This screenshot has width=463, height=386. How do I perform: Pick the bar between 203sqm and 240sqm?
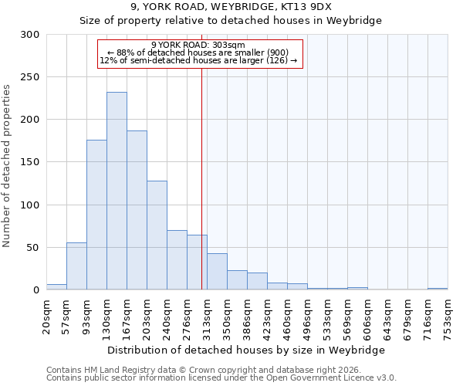[x=157, y=235]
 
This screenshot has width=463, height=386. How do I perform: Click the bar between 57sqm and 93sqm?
[x=76, y=266]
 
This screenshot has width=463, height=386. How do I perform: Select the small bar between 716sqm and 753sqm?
[x=438, y=289]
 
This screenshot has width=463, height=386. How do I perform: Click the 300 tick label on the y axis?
[x=30, y=35]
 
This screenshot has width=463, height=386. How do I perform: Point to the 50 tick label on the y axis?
[x=33, y=248]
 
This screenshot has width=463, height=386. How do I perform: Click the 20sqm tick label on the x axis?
[x=47, y=314]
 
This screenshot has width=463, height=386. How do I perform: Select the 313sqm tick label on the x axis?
[x=208, y=317]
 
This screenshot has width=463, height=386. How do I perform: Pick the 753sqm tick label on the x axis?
[x=448, y=317]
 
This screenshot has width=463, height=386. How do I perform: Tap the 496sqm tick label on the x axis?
[x=308, y=317]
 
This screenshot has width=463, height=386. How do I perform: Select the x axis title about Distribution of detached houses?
[x=245, y=350]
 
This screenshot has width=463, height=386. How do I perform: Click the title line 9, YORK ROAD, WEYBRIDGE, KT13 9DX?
[x=231, y=7]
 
